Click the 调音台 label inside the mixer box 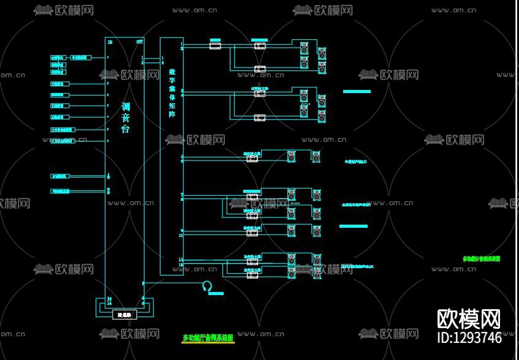coord(126,118)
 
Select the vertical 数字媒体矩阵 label coord(172,92)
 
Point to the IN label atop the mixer coord(110,42)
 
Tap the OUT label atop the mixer coord(140,42)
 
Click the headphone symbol coord(207,286)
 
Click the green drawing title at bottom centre coord(208,337)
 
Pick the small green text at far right coord(481,259)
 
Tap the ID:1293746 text coord(469,337)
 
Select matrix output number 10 coord(181,235)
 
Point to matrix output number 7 coord(181,195)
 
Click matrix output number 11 coord(181,260)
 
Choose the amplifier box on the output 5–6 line coord(251,159)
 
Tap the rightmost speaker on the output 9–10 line coord(316,231)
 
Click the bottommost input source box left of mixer coord(60,191)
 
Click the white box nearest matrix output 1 coord(215,46)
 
